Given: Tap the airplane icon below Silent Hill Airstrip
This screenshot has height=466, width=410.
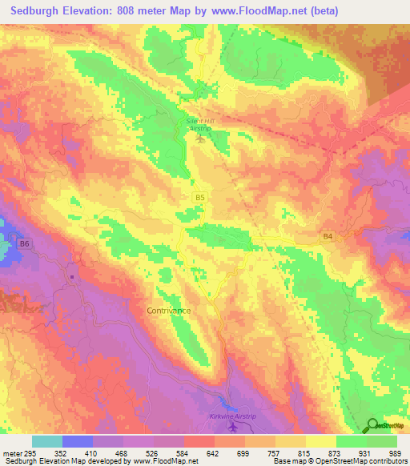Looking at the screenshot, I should [200, 139].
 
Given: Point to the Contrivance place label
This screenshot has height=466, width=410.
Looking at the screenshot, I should [169, 309].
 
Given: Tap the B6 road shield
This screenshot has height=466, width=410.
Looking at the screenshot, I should [25, 243].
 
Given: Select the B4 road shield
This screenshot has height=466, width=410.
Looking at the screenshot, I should [327, 237].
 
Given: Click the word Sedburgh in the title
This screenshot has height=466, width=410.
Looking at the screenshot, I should [35, 11].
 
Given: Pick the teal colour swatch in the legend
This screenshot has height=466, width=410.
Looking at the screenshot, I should [47, 440].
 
